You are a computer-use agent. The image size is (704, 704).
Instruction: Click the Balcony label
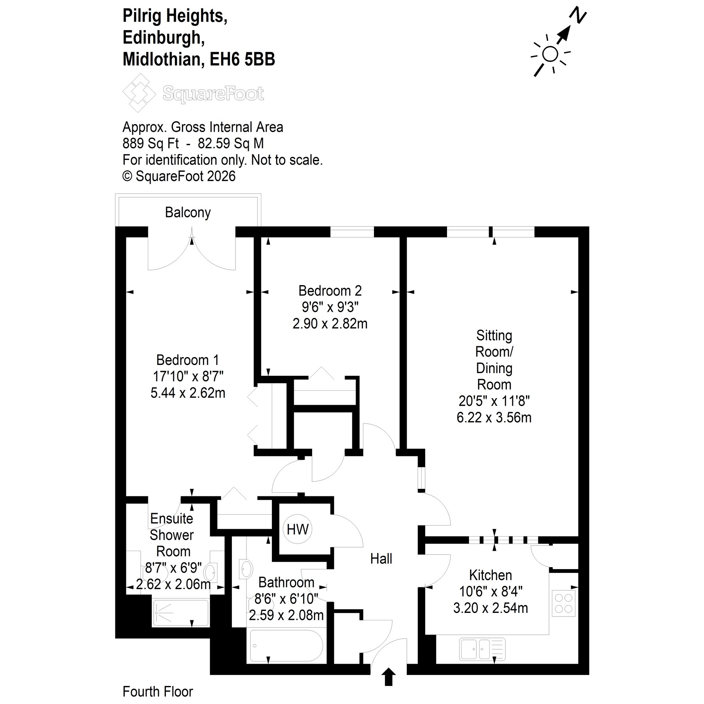click(x=188, y=213)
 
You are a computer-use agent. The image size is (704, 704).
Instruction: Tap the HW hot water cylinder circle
click(x=298, y=530)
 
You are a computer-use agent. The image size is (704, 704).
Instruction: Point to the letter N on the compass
click(x=578, y=15)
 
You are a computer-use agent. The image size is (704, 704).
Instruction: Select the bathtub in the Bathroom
click(x=287, y=645)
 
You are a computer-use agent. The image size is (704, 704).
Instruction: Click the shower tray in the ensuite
click(x=181, y=613)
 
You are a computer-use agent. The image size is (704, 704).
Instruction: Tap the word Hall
click(x=381, y=559)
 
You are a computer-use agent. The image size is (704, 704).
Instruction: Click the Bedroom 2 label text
click(x=330, y=291)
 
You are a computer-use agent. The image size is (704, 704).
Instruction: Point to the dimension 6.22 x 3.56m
click(x=494, y=418)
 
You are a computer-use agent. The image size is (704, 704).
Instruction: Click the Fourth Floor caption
click(x=158, y=691)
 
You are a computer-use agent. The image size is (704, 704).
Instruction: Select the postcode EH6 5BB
click(x=242, y=59)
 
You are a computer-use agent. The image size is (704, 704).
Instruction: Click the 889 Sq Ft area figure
click(x=151, y=144)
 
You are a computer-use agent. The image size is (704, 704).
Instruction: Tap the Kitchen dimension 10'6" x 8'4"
click(x=490, y=592)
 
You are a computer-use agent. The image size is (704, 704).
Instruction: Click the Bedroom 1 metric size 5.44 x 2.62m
click(x=188, y=393)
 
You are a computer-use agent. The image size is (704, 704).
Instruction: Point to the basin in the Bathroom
click(x=246, y=568)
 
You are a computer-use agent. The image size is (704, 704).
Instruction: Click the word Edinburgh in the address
click(x=163, y=38)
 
